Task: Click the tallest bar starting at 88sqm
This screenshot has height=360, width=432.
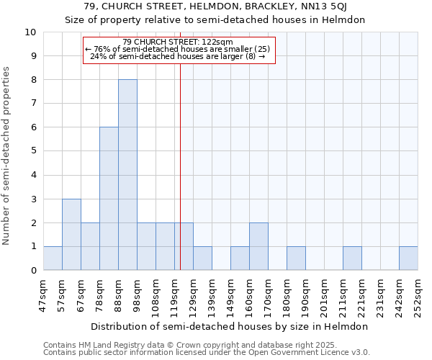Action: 127,175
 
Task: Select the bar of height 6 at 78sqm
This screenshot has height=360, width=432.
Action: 109,199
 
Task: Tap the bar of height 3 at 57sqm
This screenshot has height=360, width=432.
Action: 71,235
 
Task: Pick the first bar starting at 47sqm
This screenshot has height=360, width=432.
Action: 53,258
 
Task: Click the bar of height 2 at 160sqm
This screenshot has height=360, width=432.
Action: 258,247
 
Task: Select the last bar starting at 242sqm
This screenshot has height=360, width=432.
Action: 408,258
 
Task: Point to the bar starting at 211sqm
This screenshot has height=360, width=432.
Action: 352,258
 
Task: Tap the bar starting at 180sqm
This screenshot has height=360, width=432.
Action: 296,258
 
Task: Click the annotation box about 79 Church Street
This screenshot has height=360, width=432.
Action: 179,50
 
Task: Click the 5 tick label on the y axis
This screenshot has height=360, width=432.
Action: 33,151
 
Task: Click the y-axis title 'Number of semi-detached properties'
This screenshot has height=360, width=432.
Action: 7,156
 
